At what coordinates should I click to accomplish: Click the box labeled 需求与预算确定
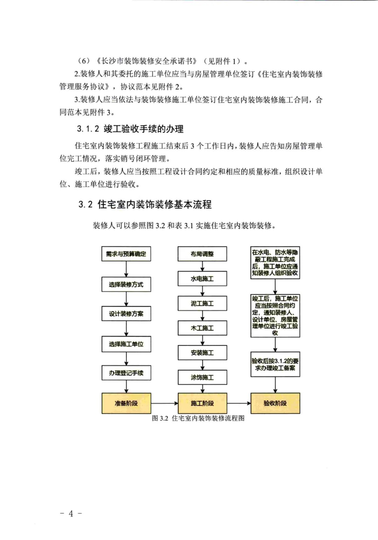[126, 254]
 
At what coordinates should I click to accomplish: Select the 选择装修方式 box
[126, 284]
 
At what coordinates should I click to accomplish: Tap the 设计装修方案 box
[126, 314]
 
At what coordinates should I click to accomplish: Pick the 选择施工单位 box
[126, 344]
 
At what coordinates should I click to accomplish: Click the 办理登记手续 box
[126, 373]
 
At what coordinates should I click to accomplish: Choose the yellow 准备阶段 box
[126, 403]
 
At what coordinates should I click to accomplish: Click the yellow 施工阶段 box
[202, 403]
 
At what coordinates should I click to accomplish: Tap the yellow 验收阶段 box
[275, 403]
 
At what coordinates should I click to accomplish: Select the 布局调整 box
[202, 254]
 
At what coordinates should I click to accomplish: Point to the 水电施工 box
[202, 279]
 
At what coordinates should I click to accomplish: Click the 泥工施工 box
[202, 303]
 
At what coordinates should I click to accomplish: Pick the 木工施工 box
[202, 328]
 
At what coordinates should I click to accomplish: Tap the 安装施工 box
[202, 353]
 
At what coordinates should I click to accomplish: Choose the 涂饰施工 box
[202, 378]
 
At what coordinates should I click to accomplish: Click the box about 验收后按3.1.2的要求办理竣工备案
[275, 365]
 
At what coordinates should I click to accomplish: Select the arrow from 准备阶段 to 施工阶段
[164, 403]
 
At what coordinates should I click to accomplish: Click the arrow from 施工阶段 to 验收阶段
[239, 403]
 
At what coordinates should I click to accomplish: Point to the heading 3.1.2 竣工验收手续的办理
[130, 129]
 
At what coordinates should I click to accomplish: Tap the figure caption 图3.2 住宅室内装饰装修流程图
[198, 418]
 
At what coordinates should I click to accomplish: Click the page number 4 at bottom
[71, 513]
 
